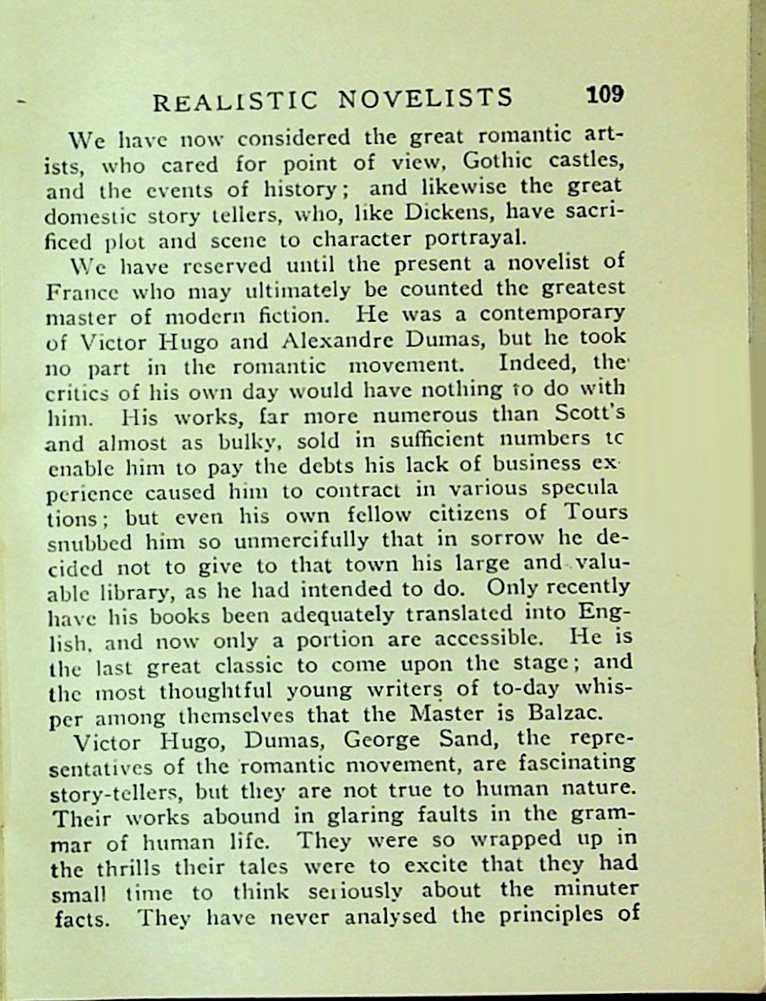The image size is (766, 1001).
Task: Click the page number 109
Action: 605,95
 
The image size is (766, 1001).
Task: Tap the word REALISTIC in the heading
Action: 234,101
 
